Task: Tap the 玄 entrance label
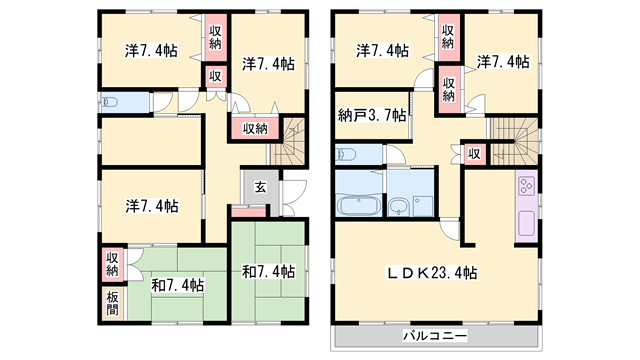click(x=258, y=187)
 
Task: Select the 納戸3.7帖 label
click(x=372, y=116)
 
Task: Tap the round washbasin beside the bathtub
click(x=400, y=208)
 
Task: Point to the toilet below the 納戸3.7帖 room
click(x=348, y=154)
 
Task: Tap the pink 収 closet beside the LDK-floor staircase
click(x=475, y=153)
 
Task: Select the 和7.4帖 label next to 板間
click(x=178, y=285)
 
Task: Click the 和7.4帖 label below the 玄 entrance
click(x=267, y=271)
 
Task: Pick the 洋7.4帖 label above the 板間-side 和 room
click(x=152, y=206)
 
